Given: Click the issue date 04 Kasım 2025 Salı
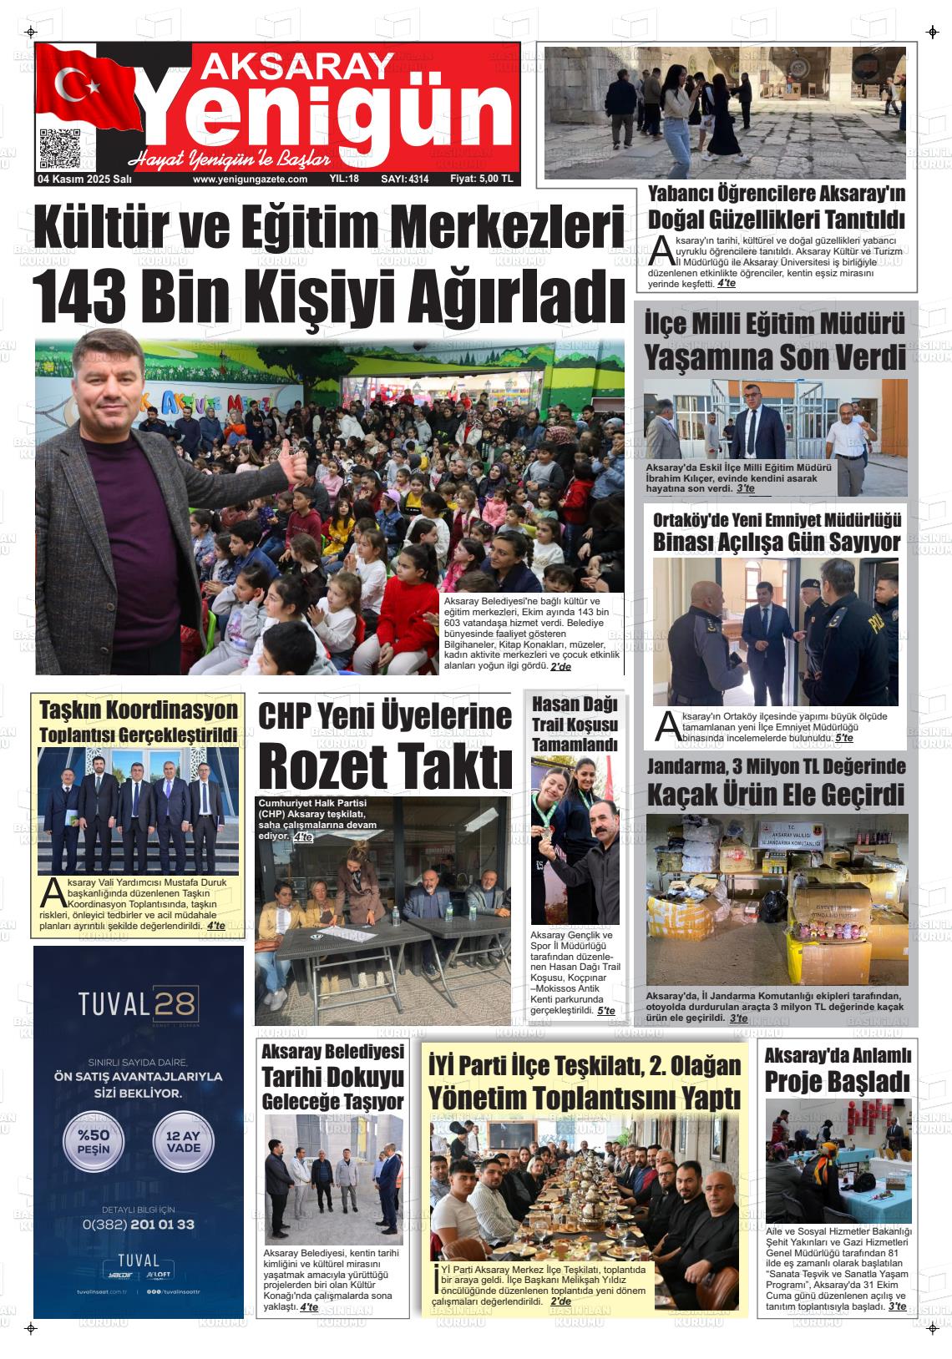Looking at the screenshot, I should point(84,179).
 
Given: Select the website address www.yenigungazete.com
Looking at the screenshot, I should point(250,179).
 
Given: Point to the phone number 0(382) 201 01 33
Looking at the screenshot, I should point(139,1224).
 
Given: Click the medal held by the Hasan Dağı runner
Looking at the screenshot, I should point(549,835).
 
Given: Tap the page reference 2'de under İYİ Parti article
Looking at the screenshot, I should point(561,1301).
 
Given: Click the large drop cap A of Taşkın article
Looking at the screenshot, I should point(52,894).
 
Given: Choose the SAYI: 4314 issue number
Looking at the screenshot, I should point(404,179).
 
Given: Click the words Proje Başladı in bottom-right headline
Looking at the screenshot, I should point(837,1082).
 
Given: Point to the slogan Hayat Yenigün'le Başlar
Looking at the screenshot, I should point(230,159).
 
